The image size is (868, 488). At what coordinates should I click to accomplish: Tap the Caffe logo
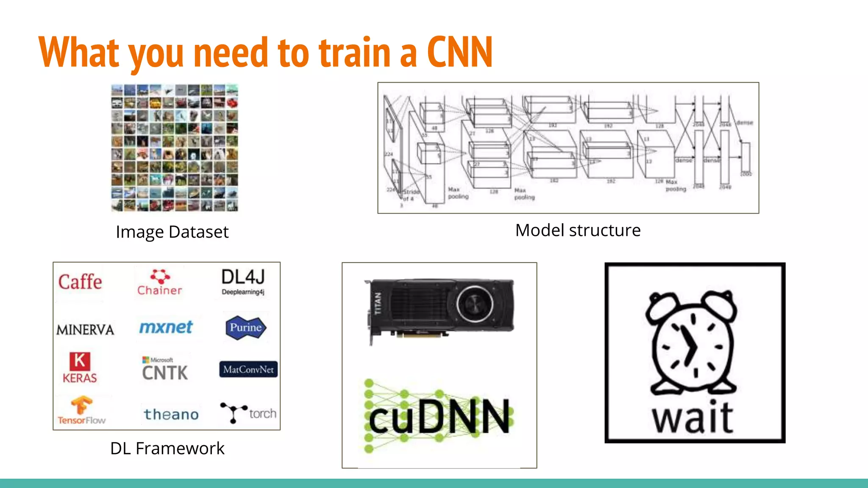click(x=80, y=282)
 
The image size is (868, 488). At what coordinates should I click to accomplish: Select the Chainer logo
click(x=160, y=283)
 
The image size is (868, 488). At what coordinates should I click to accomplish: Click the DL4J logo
click(x=243, y=281)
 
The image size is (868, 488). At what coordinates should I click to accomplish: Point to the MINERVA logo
click(x=85, y=330)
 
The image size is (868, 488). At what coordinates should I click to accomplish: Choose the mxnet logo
click(x=166, y=327)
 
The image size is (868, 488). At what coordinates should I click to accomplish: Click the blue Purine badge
click(x=246, y=327)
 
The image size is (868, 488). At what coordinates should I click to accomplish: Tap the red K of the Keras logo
click(x=80, y=361)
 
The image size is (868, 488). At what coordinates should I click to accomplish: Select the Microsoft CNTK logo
click(x=165, y=369)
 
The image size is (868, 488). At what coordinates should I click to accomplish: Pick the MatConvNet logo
click(x=248, y=369)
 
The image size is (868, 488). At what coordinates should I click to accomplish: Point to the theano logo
click(x=171, y=414)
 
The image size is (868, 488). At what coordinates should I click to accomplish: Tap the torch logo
click(x=248, y=413)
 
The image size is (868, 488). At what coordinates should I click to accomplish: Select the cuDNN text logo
click(x=439, y=417)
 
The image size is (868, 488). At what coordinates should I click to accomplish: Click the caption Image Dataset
click(x=172, y=232)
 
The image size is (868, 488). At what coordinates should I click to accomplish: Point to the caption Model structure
click(x=578, y=230)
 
